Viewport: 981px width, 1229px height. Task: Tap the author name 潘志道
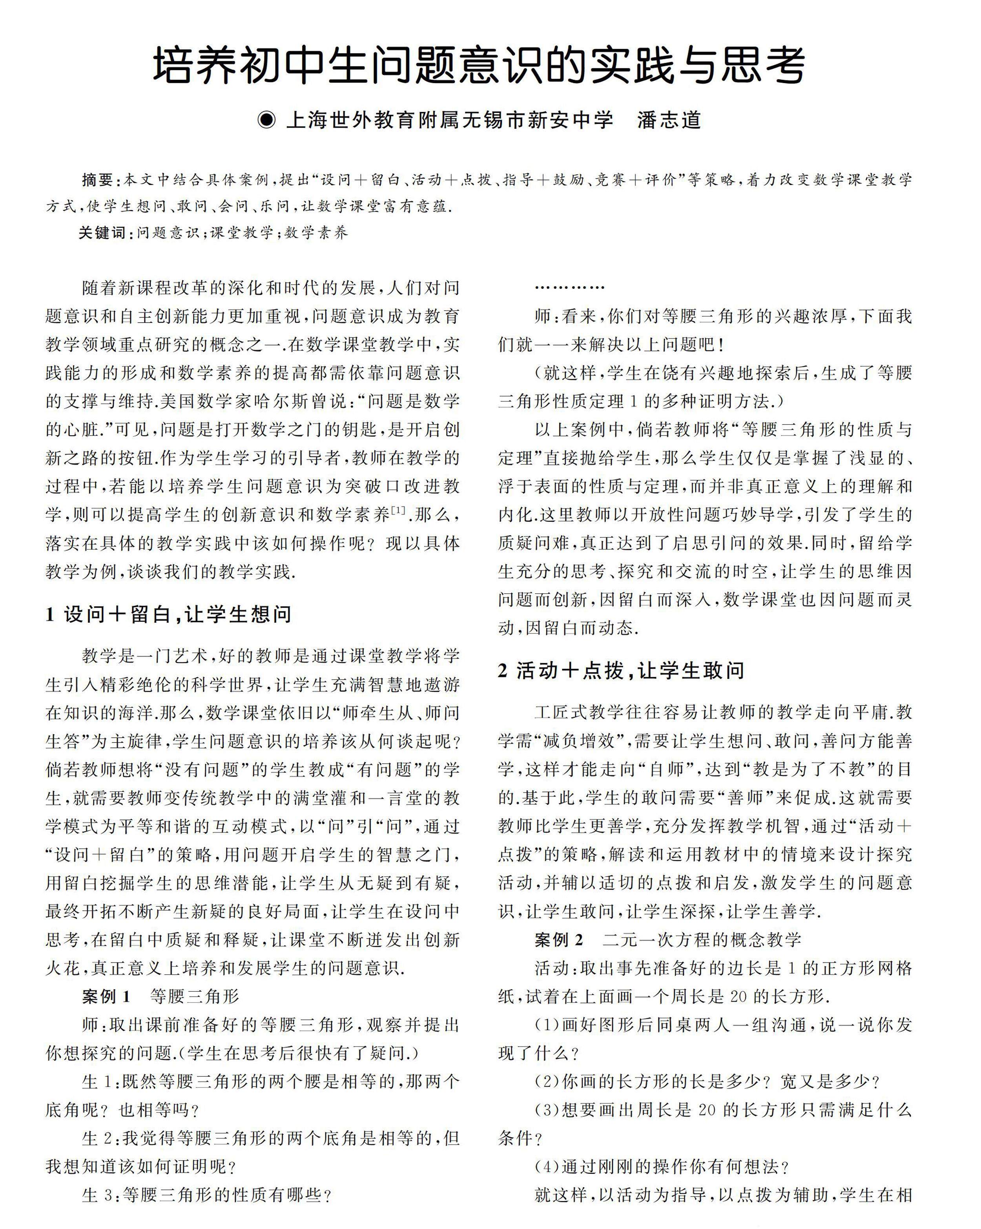click(x=669, y=120)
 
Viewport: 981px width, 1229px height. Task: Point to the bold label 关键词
click(x=102, y=233)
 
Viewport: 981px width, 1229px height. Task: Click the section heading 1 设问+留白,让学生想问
click(x=169, y=614)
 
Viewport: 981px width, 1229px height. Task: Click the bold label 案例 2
click(x=559, y=940)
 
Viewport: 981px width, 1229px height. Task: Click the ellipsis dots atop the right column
click(x=569, y=288)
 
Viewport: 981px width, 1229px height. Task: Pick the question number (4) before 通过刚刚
click(x=548, y=1167)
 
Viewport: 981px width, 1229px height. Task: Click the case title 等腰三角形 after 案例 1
click(x=194, y=996)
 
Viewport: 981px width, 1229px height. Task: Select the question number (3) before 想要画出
click(x=548, y=1110)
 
